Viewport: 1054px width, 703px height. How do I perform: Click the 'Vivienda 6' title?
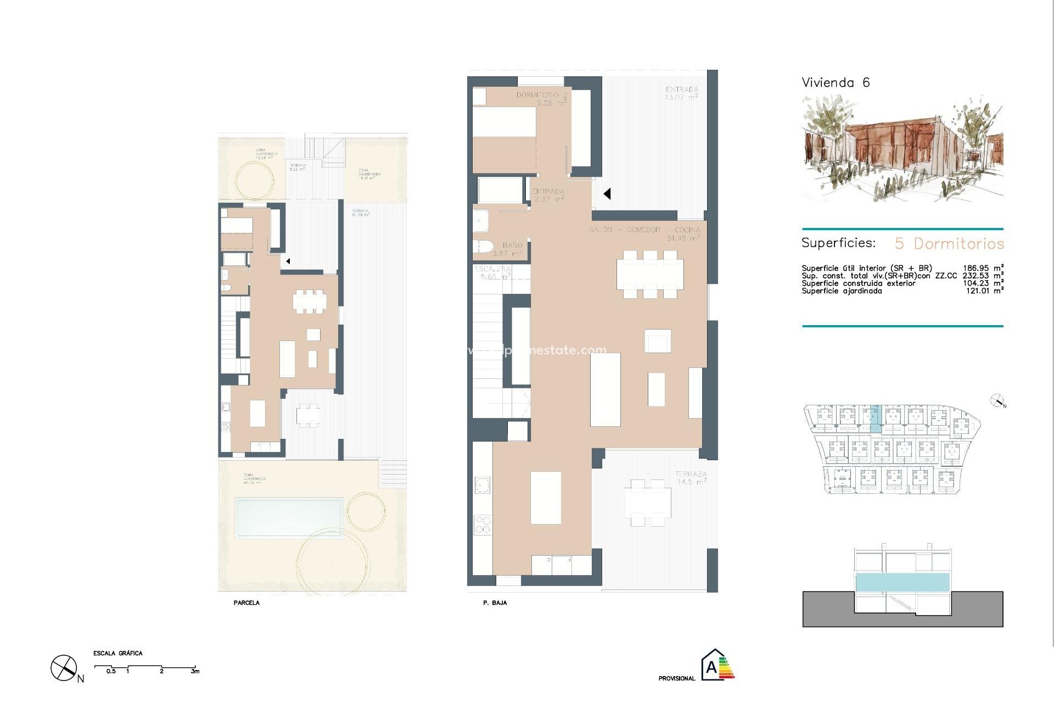[x=836, y=83]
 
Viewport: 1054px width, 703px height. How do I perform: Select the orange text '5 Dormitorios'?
[x=949, y=243]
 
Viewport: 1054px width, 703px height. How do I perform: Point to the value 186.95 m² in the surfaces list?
[x=983, y=268]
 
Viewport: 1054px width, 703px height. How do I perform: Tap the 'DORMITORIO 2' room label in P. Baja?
[x=541, y=95]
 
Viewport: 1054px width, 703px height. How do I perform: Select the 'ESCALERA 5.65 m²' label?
[x=492, y=273]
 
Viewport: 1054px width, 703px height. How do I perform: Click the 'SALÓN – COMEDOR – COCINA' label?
[x=644, y=230]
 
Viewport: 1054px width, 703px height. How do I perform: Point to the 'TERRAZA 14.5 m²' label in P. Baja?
[x=691, y=477]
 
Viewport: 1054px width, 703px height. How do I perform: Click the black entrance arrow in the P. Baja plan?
[x=607, y=193]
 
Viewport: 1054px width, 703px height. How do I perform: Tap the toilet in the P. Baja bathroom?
[x=483, y=247]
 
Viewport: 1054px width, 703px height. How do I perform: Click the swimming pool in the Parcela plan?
[x=289, y=517]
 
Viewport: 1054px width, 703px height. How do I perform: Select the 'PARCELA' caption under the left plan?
[x=246, y=602]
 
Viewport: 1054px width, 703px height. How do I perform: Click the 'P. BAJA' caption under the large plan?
[x=495, y=602]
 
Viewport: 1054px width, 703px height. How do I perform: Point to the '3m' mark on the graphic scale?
[x=195, y=671]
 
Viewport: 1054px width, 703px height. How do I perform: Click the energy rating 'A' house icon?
[x=712, y=666]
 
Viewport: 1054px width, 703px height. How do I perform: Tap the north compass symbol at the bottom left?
[x=64, y=668]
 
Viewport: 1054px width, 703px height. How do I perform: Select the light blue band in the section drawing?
[x=902, y=582]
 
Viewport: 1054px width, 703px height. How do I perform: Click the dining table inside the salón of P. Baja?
[x=650, y=274]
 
